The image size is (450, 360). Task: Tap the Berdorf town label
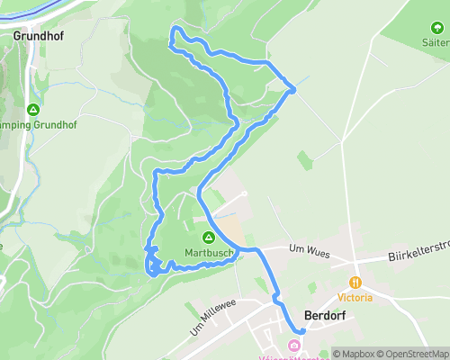325,317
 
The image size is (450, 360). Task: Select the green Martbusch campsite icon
208,238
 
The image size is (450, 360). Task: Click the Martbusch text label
210,253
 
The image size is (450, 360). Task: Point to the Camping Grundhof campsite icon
33,110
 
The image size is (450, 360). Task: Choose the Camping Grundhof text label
35,124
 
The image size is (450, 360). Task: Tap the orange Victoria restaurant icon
355,282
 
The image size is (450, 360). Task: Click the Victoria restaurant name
355,297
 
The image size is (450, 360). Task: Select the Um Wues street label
306,248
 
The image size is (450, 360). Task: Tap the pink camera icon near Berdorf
293,346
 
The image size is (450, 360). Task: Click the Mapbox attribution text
355,354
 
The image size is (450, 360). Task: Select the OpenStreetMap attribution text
413,354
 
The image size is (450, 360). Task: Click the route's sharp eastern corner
293,87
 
